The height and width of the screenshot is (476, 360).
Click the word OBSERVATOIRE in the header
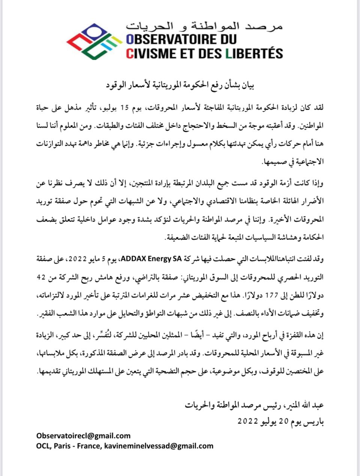point(171,39)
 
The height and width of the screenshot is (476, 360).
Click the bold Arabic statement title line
point(180,85)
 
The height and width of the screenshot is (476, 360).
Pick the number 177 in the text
point(285,295)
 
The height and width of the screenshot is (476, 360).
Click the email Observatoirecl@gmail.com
point(83,436)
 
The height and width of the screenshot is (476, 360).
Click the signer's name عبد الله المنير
point(306,405)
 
